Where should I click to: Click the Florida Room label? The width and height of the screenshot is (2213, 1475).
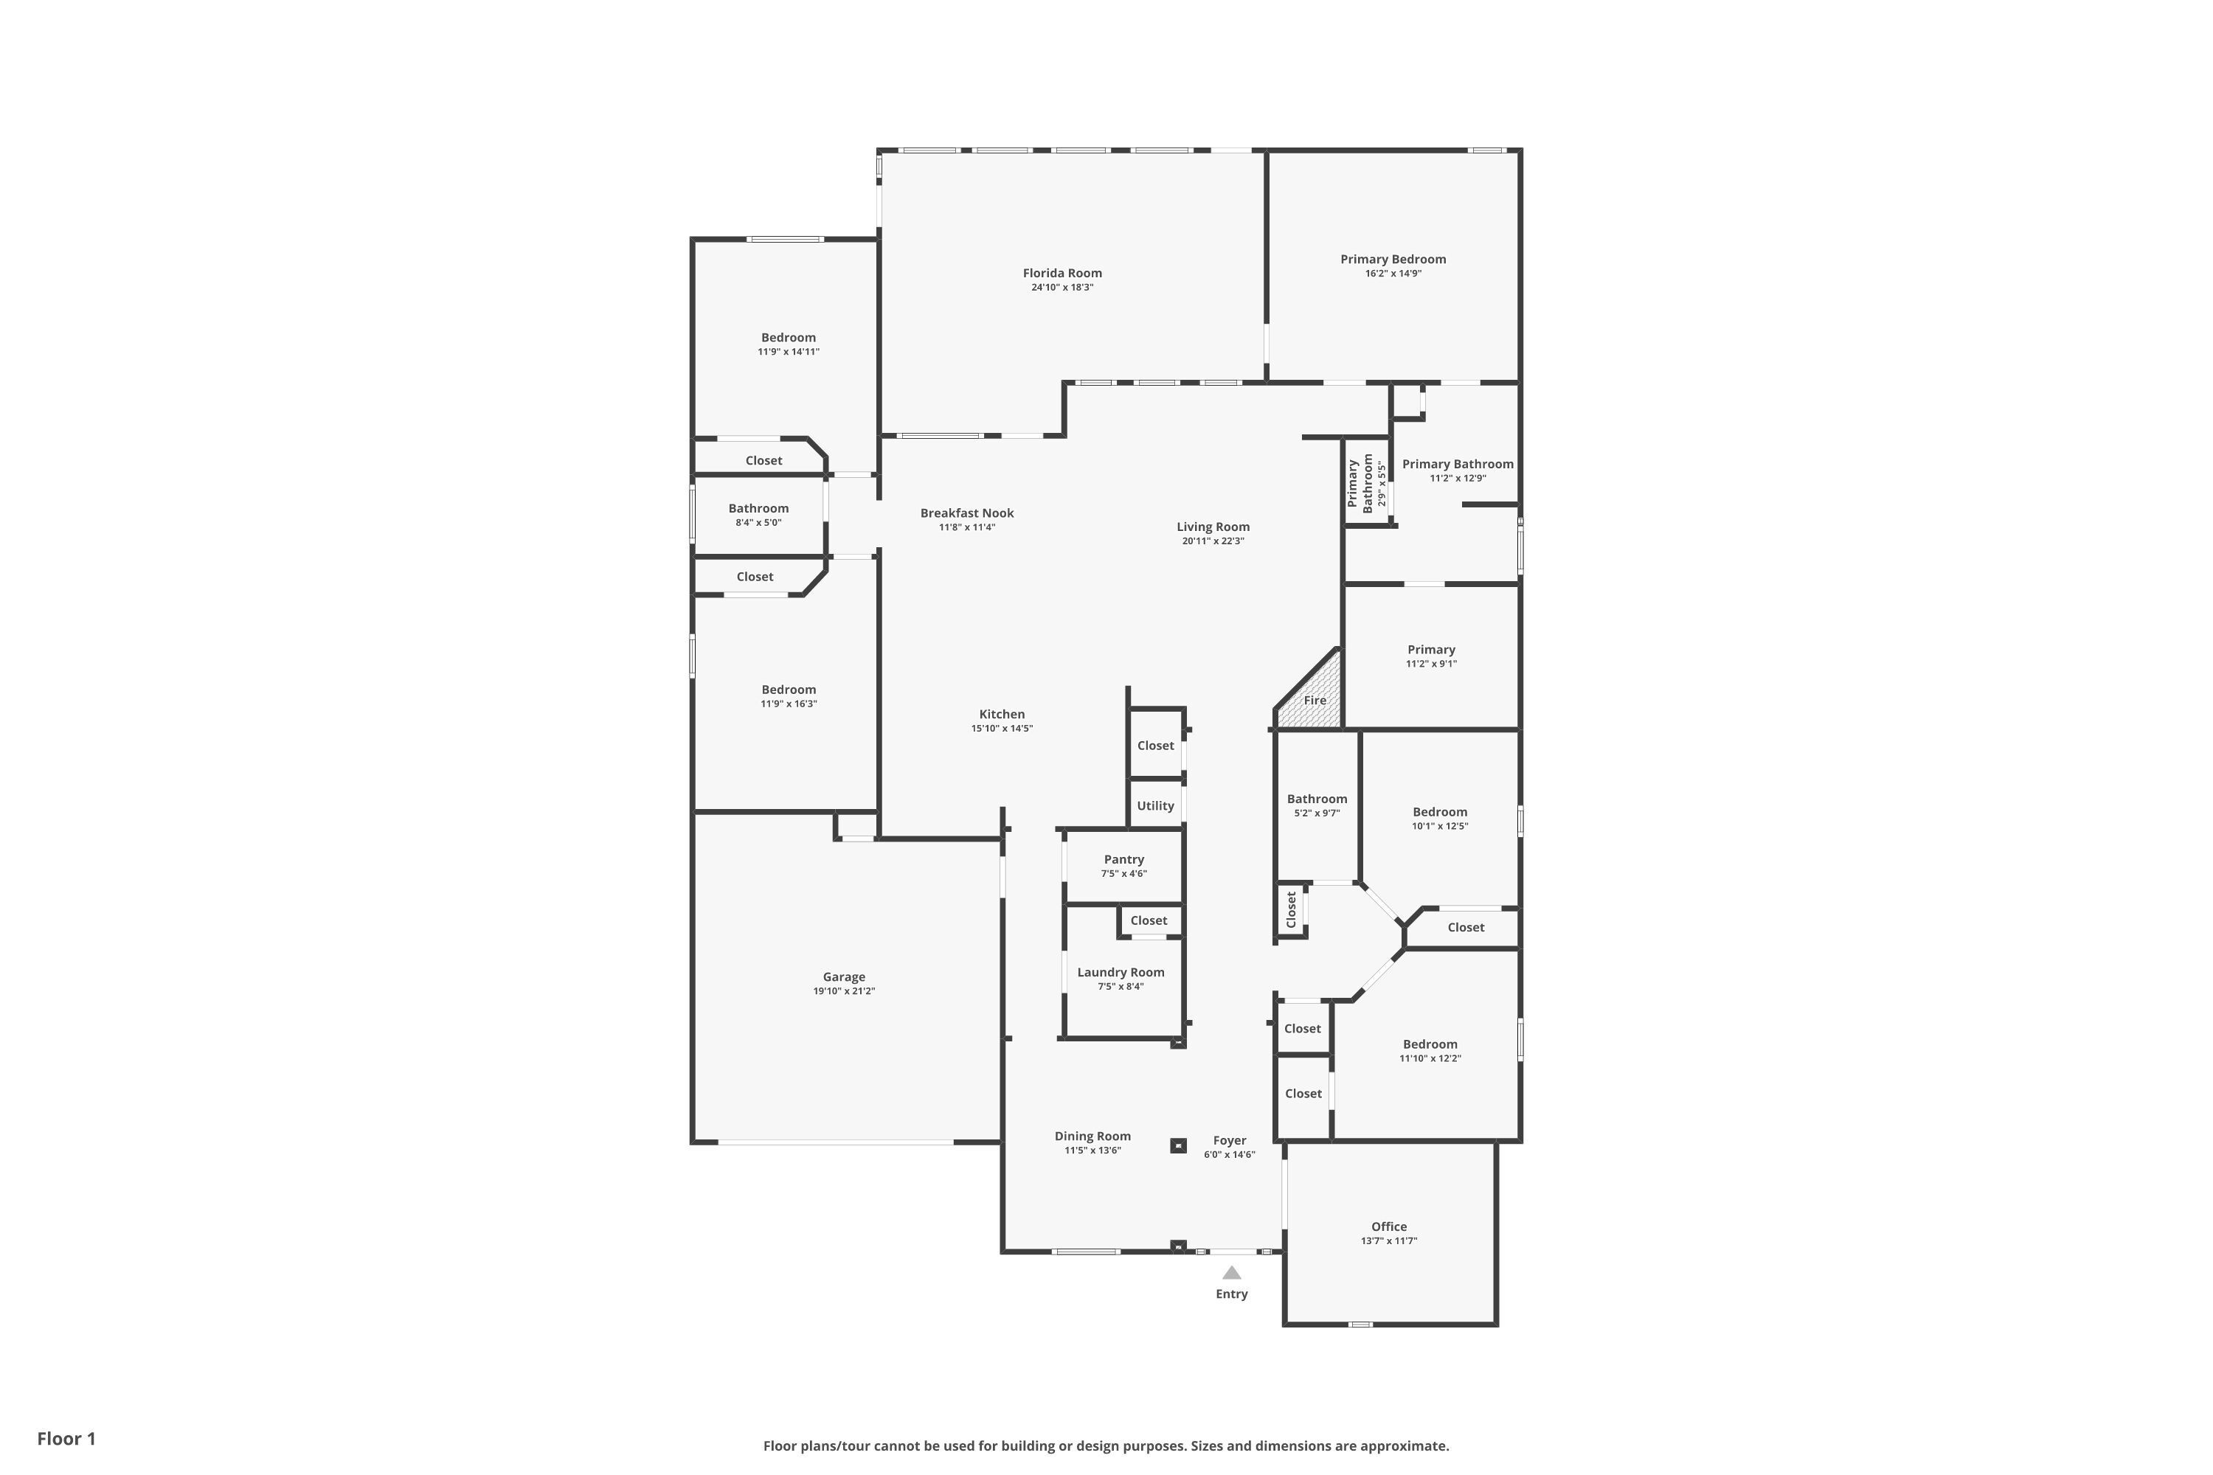click(1062, 273)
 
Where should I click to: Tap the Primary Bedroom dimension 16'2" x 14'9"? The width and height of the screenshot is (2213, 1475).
click(1393, 274)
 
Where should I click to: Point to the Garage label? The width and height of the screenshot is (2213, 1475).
click(843, 976)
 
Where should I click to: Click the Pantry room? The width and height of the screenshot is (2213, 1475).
click(1123, 865)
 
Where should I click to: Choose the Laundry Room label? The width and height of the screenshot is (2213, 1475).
click(1120, 972)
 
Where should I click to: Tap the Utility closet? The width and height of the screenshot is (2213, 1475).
click(1154, 805)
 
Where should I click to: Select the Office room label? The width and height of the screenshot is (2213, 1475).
click(1389, 1226)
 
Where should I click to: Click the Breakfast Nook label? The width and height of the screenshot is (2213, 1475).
click(966, 513)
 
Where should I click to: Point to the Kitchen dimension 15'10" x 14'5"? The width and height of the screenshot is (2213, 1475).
click(1001, 728)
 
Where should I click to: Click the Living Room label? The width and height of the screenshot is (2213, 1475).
click(1213, 527)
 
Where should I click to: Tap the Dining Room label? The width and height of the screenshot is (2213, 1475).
click(1092, 1136)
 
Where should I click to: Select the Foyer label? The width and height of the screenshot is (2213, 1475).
click(1229, 1140)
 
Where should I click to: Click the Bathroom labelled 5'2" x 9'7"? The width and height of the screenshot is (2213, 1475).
click(1316, 805)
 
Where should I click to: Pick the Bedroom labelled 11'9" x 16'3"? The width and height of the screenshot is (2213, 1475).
click(789, 696)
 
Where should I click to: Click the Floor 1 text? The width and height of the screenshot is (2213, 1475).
click(66, 1438)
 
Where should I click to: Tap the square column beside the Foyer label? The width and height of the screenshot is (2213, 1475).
click(1178, 1145)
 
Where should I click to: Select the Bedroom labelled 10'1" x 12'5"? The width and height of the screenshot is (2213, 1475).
click(1440, 819)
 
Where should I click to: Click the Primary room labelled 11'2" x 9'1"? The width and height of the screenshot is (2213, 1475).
click(1431, 656)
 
